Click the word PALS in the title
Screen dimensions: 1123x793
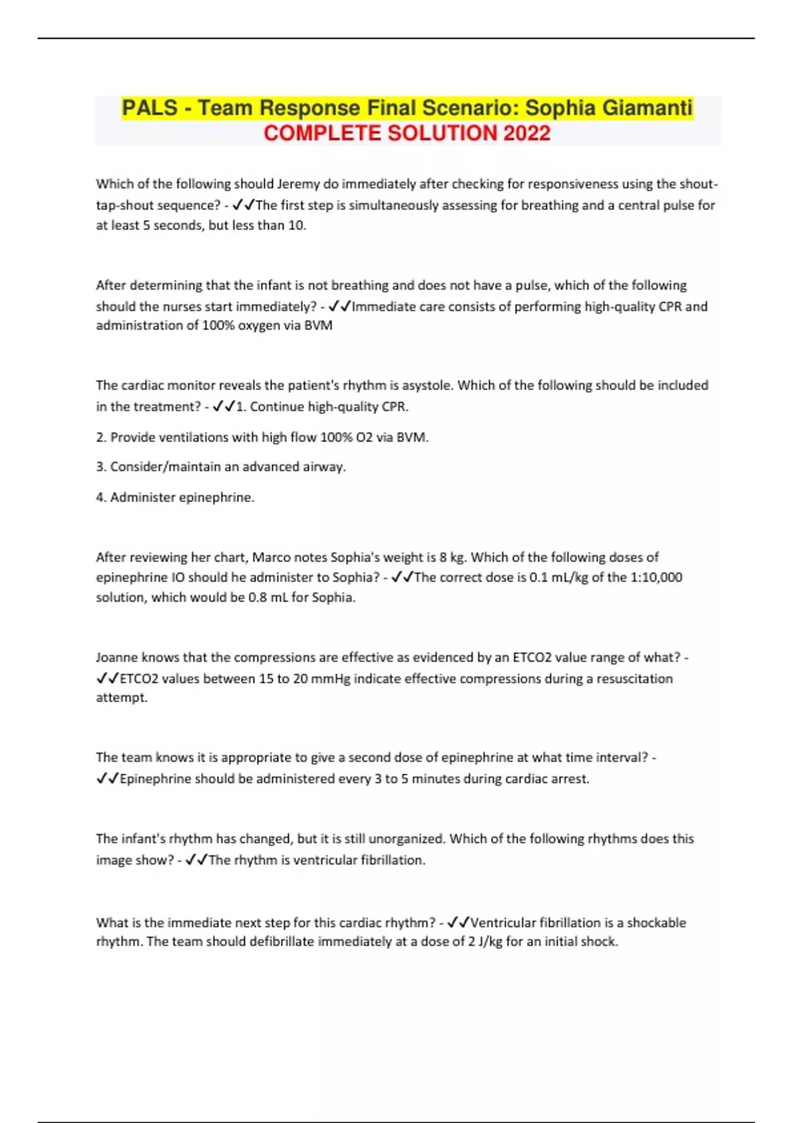pos(150,108)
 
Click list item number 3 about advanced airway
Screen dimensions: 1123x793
pos(221,467)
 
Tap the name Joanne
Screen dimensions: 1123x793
pos(117,658)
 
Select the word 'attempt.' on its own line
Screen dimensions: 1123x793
pos(122,698)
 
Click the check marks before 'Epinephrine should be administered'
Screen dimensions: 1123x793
pos(107,779)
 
